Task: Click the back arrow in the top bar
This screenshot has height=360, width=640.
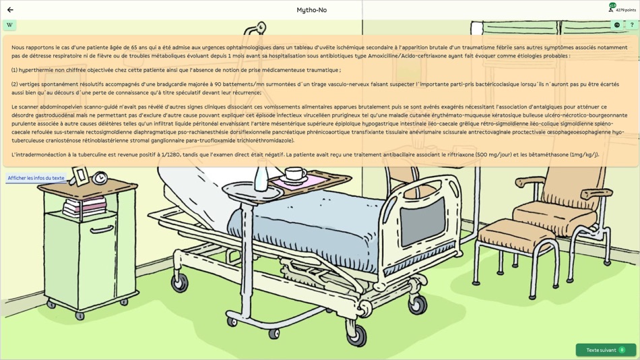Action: coord(10,10)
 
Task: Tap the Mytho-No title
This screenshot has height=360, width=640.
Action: coord(311,10)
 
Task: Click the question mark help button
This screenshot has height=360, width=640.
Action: coord(631,25)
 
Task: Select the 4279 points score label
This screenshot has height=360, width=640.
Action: coord(626,10)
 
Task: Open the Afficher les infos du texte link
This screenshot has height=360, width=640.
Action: coord(36,178)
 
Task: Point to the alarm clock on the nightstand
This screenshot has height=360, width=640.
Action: coord(100,178)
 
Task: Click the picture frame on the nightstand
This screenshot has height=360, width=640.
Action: coord(80,176)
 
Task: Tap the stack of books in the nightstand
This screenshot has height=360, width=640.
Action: coord(84,206)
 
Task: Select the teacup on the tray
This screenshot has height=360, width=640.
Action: coord(294,174)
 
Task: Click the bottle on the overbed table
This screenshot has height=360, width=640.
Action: coord(261,179)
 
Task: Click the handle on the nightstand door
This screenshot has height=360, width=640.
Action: coord(101,230)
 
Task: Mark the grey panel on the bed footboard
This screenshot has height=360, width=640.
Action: coord(423,220)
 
